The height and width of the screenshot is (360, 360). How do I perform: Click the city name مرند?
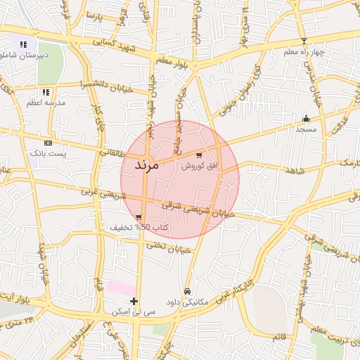click(x=148, y=166)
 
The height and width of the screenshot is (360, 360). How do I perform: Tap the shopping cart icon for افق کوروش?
click(x=200, y=155)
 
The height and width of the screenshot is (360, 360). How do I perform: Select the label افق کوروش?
click(x=200, y=167)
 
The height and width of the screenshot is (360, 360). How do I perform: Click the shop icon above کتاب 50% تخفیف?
click(x=139, y=217)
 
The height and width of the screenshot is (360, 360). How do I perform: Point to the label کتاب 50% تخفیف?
click(x=139, y=228)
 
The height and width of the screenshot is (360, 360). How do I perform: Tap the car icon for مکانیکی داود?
click(x=187, y=291)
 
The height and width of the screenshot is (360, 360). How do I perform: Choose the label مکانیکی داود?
click(x=187, y=303)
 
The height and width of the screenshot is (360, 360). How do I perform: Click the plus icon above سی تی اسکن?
click(x=134, y=300)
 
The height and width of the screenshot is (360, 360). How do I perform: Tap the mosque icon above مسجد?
click(x=306, y=118)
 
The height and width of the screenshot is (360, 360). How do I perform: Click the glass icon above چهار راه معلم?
click(x=304, y=41)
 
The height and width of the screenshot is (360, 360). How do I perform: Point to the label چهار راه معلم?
click(x=303, y=52)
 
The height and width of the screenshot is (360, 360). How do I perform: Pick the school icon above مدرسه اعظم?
click(x=46, y=91)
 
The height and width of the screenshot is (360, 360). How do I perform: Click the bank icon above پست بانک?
click(x=48, y=142)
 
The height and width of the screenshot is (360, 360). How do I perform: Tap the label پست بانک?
click(x=48, y=153)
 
